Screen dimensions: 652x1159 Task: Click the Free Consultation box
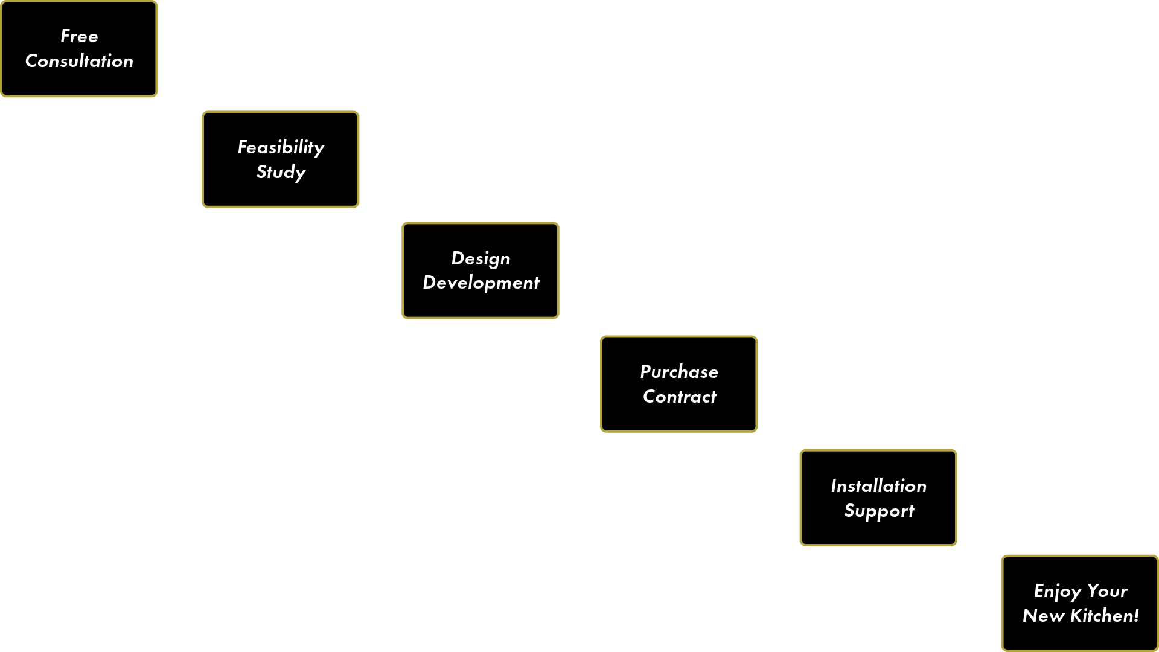pyautogui.click(x=79, y=49)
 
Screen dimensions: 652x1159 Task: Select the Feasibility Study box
pyautogui.click(x=281, y=159)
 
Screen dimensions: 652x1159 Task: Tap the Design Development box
pyautogui.click(x=481, y=270)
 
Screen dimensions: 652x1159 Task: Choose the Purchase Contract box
pyautogui.click(x=679, y=384)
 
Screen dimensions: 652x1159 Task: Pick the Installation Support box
pyautogui.click(x=878, y=497)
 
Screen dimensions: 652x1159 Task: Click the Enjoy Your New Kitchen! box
pyautogui.click(x=1080, y=603)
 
